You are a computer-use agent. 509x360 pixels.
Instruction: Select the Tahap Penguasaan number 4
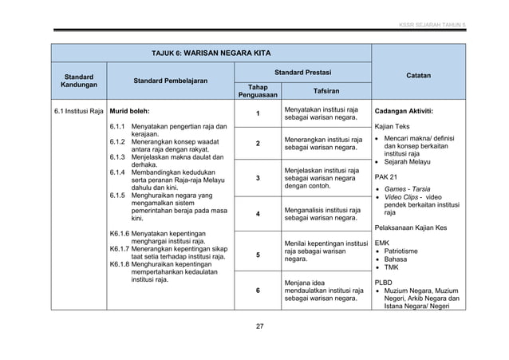click(x=257, y=215)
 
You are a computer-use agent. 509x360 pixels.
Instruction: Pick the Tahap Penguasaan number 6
click(x=257, y=291)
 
